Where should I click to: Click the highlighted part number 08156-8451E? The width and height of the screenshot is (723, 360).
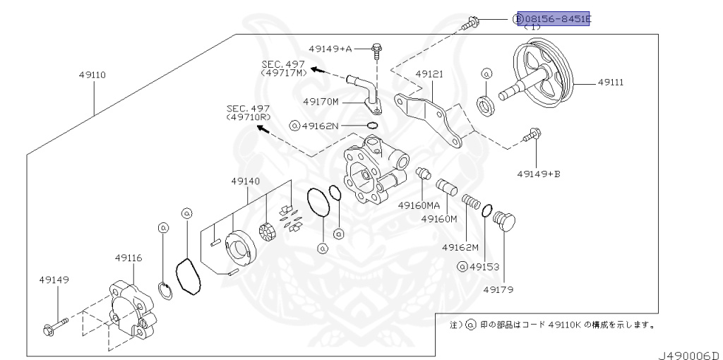pyautogui.click(x=554, y=18)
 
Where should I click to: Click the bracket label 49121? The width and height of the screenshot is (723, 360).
pyautogui.click(x=429, y=73)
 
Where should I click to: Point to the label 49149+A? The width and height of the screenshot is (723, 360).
pyautogui.click(x=330, y=49)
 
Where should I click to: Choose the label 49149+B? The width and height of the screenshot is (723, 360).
pyautogui.click(x=539, y=172)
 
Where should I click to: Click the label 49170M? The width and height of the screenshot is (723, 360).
pyautogui.click(x=321, y=102)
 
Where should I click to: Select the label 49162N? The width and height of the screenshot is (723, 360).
pyautogui.click(x=320, y=126)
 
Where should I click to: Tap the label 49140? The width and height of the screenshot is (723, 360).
pyautogui.click(x=245, y=181)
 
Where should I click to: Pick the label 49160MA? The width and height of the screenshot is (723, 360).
pyautogui.click(x=419, y=205)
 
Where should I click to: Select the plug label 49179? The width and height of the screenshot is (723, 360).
pyautogui.click(x=498, y=289)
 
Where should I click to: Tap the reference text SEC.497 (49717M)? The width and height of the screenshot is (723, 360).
pyautogui.click(x=285, y=68)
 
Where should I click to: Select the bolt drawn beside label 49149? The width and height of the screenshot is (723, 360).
pyautogui.click(x=54, y=325)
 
